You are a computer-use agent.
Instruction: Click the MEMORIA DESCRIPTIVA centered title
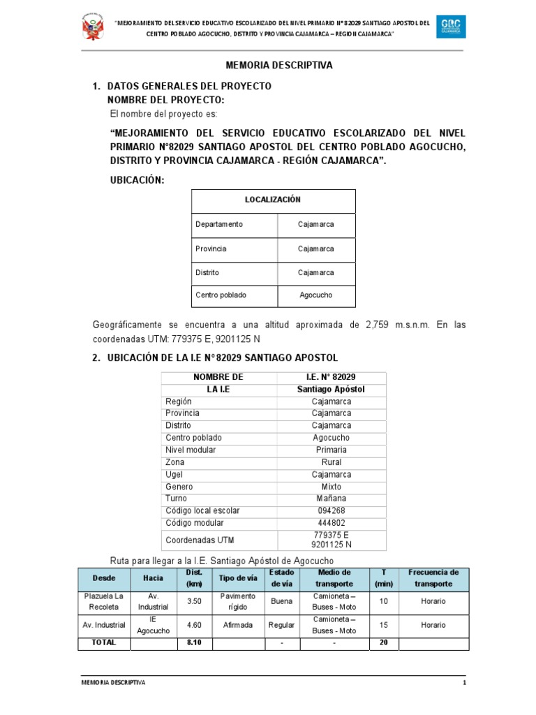pos(279,65)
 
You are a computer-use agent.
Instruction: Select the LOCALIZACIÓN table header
pos(273,200)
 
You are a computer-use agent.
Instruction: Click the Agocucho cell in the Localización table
pos(316,295)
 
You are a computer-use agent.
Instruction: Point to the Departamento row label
pos(219,224)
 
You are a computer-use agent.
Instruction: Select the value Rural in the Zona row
pos(332,462)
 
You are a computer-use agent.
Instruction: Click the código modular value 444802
pos(332,523)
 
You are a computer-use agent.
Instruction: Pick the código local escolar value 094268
pos(332,511)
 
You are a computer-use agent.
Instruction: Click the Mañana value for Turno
pos(332,499)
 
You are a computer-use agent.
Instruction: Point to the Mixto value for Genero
pos(332,487)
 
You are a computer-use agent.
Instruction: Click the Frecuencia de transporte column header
pos(433,578)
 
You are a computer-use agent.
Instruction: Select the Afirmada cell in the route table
pos(238,625)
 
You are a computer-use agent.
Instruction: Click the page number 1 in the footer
pos(464,682)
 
